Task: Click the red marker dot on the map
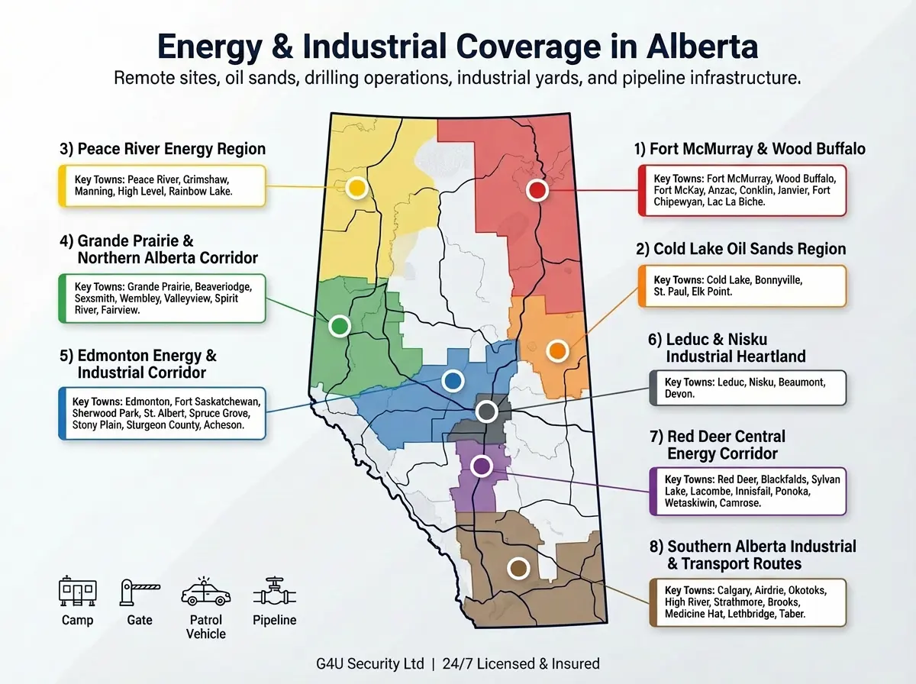[537, 190]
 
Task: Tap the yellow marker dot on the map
[355, 188]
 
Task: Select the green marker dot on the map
[340, 327]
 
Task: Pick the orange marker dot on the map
[557, 350]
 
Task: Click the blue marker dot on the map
[453, 379]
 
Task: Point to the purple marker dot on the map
[481, 465]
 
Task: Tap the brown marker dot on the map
[518, 568]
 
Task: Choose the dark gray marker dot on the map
[486, 412]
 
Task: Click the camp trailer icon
[78, 592]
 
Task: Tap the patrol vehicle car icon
[205, 592]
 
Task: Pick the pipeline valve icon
[275, 592]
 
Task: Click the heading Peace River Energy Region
[162, 148]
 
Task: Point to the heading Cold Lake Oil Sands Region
[740, 249]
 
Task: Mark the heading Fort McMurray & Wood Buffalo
[750, 148]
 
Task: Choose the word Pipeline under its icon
[275, 620]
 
